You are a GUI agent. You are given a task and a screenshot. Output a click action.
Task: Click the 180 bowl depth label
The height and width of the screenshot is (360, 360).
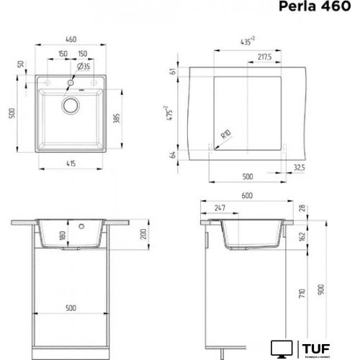(x=62, y=235)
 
